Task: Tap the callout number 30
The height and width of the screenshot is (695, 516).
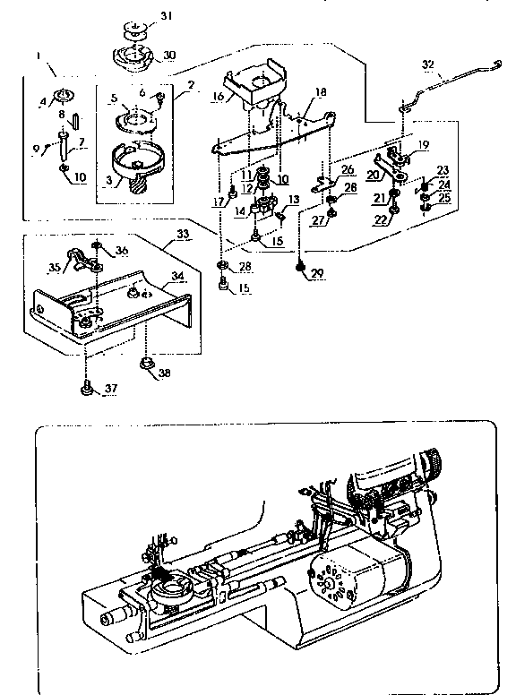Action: coord(168,55)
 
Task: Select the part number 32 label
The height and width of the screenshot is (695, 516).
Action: coord(427,64)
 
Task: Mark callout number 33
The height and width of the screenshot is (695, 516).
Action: coord(184,234)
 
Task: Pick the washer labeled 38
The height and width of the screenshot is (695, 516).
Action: coord(143,362)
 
